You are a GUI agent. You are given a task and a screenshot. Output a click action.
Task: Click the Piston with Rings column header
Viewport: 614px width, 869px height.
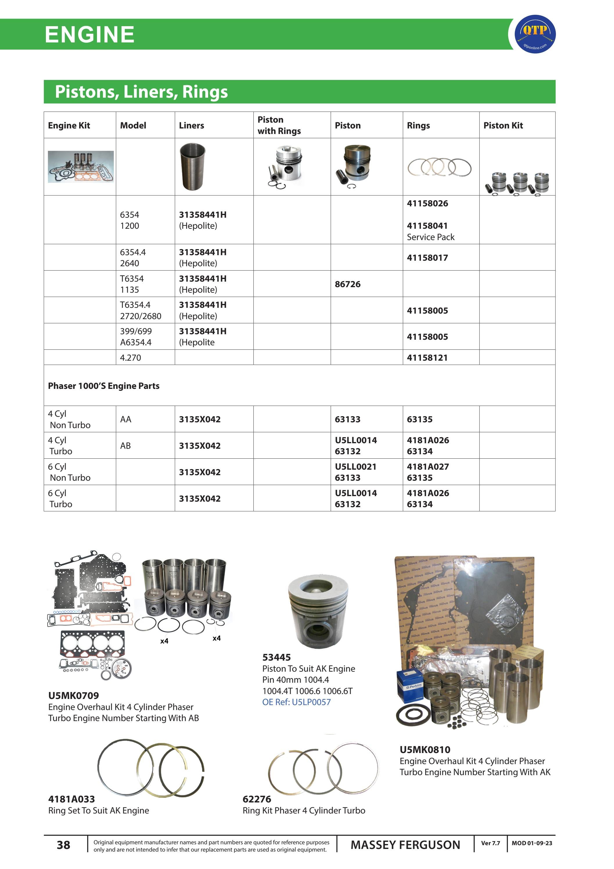pos(279,125)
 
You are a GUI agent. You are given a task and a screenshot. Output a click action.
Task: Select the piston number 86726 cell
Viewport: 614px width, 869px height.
pos(347,284)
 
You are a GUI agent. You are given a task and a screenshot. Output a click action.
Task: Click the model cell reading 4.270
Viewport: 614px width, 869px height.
pos(130,358)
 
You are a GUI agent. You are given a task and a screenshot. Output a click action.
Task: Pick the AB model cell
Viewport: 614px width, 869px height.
pos(125,446)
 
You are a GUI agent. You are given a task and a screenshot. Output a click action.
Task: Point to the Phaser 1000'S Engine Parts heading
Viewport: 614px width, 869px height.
pos(104,386)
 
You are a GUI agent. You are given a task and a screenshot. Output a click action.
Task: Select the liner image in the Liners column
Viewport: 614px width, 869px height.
pos(192,167)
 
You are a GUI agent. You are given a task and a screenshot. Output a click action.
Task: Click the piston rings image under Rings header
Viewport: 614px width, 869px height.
pos(439,167)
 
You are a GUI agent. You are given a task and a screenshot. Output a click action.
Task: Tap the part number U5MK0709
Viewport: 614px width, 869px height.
pos(73,696)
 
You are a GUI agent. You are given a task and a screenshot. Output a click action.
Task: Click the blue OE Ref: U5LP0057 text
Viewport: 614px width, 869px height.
pos(296,702)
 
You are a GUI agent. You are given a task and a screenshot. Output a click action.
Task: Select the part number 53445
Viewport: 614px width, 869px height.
pos(276,657)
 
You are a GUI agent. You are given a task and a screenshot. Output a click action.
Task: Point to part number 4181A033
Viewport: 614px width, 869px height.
pos(71,799)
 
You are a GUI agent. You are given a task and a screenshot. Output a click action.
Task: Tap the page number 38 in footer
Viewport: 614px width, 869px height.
pos(64,845)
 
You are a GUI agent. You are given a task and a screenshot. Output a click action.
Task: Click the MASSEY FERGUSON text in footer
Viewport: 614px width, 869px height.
pos(405,845)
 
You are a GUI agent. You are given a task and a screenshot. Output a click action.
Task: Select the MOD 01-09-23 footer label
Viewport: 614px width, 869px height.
pos(532,843)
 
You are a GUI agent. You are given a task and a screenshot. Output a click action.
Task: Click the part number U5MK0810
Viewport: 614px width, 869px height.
pos(425,750)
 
